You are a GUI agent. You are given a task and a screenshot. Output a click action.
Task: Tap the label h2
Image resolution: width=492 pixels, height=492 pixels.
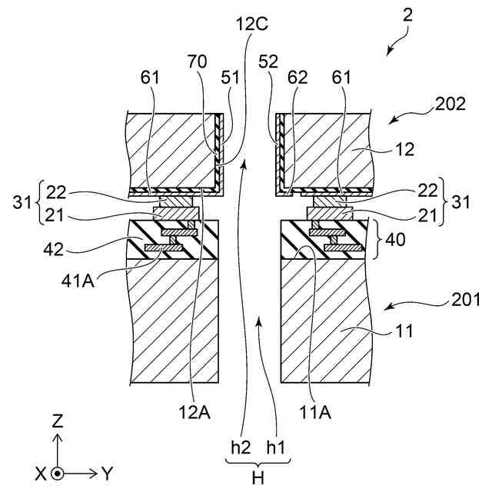point(241,447)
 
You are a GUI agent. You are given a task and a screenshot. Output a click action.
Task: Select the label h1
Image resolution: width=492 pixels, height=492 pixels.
point(276,447)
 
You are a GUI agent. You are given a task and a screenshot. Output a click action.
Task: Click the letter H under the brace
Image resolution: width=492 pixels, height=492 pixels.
point(258,477)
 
